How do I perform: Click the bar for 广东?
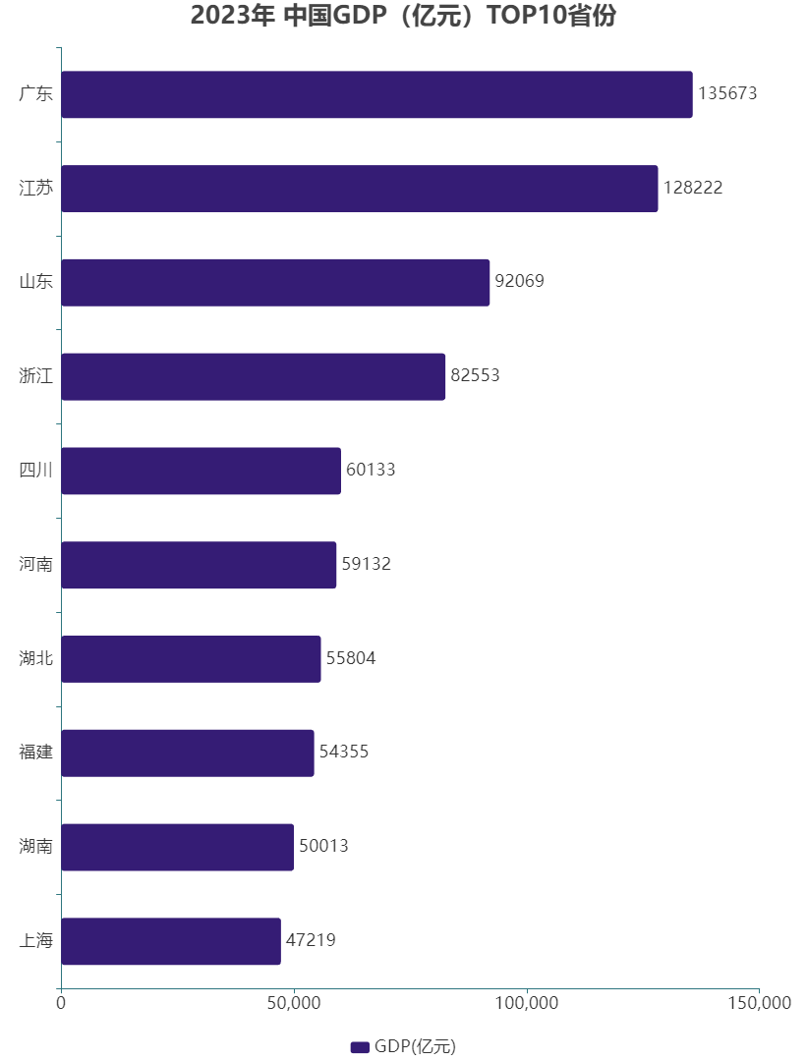[376, 94]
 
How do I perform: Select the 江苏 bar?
[359, 189]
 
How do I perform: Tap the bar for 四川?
[201, 471]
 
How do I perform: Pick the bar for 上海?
[171, 941]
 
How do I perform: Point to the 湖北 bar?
[191, 659]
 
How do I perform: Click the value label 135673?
[727, 94]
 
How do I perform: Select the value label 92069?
[519, 282]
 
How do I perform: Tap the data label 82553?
[475, 376]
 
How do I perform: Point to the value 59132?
[366, 565]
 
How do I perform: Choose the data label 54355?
[343, 753]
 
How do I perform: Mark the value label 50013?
[323, 847]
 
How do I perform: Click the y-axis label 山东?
[36, 282]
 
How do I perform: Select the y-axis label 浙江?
[36, 376]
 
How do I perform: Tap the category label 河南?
[36, 565]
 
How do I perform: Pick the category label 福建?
[36, 753]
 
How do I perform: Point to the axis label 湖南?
[36, 847]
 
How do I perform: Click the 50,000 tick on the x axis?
[294, 1004]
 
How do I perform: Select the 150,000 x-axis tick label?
[758, 1004]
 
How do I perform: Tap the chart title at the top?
[403, 17]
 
